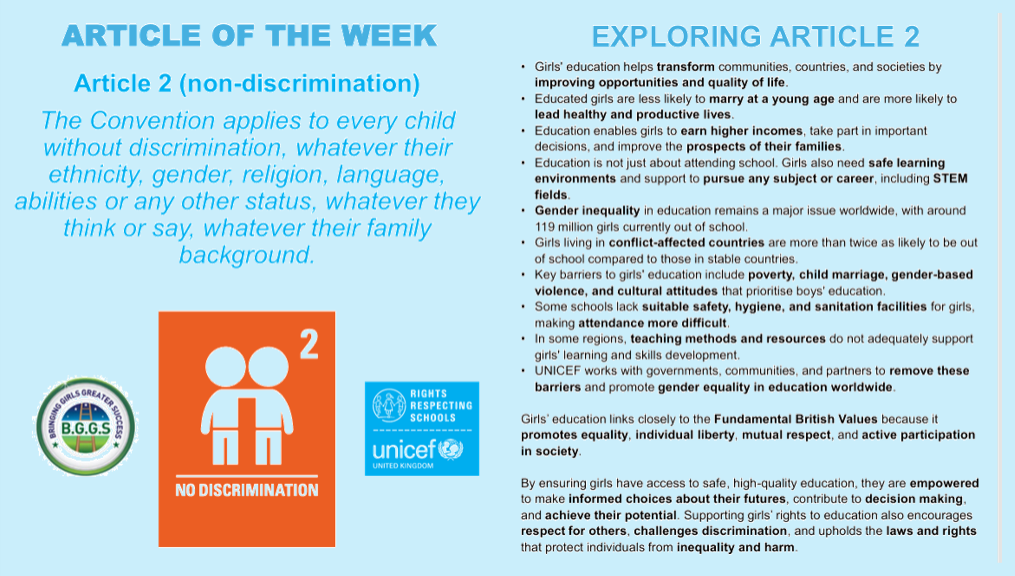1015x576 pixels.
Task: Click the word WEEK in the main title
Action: coord(389,35)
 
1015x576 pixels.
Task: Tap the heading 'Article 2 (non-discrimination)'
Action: coord(247,84)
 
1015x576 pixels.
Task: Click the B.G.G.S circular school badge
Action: coord(85,426)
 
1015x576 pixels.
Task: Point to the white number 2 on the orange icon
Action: coord(309,344)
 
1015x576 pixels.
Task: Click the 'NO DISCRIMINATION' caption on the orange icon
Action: coord(247,490)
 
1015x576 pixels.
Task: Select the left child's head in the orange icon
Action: coord(226,367)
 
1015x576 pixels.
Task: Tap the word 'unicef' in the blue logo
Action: coord(404,450)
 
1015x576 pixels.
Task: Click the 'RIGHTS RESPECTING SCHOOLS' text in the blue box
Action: coord(441,406)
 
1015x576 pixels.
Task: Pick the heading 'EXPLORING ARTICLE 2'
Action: coord(755,36)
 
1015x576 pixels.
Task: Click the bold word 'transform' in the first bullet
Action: coord(686,67)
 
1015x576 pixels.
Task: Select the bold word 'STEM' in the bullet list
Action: coord(951,178)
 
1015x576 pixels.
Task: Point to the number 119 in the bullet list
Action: coord(545,227)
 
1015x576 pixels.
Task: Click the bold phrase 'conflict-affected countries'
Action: coord(687,242)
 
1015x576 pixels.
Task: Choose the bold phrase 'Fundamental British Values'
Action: coord(796,419)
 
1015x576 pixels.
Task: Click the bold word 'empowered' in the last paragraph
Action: coord(944,483)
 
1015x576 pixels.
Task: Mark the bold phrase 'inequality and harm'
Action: coord(736,547)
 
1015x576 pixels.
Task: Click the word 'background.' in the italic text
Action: coord(247,255)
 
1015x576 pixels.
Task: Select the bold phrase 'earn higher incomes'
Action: coord(742,131)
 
